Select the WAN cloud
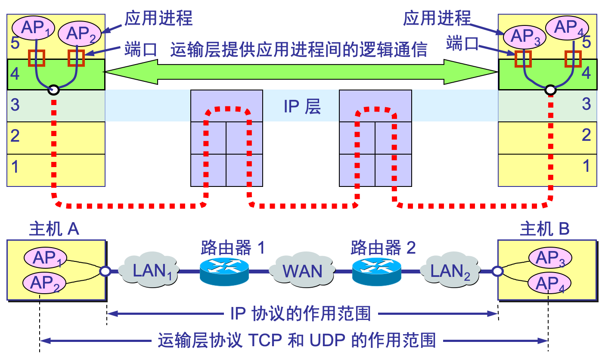click(302, 271)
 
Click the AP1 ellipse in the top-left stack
click(34, 28)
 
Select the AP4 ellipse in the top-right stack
click(567, 28)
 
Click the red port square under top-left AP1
click(37, 58)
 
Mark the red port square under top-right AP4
click(573, 59)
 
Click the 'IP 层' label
click(302, 106)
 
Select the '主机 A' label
click(54, 229)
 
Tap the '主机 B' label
click(545, 229)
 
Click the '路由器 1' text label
click(233, 248)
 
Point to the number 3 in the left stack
click(15, 105)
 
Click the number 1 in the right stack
click(586, 166)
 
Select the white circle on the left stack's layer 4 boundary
click(54, 90)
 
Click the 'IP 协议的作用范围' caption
click(301, 313)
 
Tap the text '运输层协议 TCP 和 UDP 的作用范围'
click(297, 340)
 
